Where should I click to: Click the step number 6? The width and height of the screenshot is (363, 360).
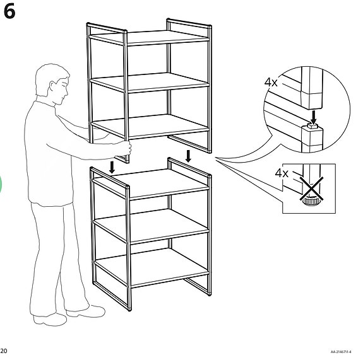tap(9, 11)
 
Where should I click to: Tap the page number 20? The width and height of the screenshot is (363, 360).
tap(4, 351)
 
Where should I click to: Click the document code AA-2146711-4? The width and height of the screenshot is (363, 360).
tap(341, 352)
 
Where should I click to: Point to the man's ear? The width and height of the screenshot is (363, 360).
tap(52, 86)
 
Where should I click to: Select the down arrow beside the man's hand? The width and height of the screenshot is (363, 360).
tap(112, 167)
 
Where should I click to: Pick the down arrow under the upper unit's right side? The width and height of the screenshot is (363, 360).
tap(189, 156)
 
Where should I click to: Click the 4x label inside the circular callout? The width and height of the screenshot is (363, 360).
tap(271, 82)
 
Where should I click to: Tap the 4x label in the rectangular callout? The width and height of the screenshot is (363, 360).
tap(282, 173)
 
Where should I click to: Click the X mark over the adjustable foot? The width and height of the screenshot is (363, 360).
tap(312, 189)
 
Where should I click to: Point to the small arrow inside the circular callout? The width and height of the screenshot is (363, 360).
tap(314, 117)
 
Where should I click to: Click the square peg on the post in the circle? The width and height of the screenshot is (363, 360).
tap(312, 126)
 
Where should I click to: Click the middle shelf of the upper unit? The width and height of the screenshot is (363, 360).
tap(150, 83)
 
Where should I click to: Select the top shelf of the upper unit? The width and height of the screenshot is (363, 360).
tap(150, 38)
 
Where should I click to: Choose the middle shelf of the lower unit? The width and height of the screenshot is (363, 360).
tap(151, 226)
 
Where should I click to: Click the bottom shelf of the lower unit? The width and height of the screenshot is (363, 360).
tap(152, 267)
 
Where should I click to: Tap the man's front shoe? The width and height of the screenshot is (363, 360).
tap(86, 311)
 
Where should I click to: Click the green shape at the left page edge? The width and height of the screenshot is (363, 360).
tap(1, 184)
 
